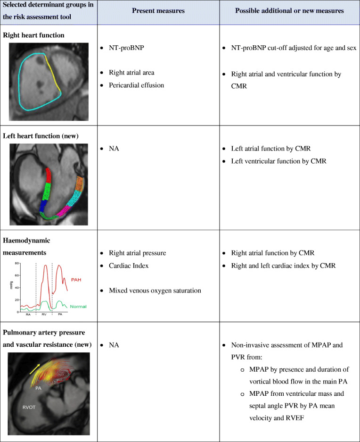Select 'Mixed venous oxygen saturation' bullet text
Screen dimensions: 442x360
pos(155,290)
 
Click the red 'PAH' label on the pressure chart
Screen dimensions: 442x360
pos(76,280)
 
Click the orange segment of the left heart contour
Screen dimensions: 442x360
pos(80,183)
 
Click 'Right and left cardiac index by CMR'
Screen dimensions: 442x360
pos(283,266)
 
